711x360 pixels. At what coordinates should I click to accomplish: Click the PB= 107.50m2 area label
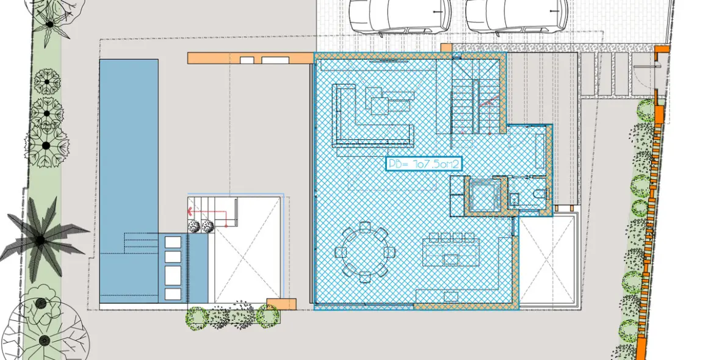tap(424, 164)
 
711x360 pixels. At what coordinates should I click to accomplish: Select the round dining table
tap(364, 251)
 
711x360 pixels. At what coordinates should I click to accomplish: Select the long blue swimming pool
tap(129, 181)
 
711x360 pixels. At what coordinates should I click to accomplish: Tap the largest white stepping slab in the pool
tap(173, 275)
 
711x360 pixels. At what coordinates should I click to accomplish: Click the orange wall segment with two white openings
tap(251, 58)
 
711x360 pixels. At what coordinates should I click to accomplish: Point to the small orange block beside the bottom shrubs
tap(281, 304)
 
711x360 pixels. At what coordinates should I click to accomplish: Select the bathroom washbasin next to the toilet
tap(514, 199)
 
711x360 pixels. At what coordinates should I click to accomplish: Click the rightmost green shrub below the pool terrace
tap(267, 316)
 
